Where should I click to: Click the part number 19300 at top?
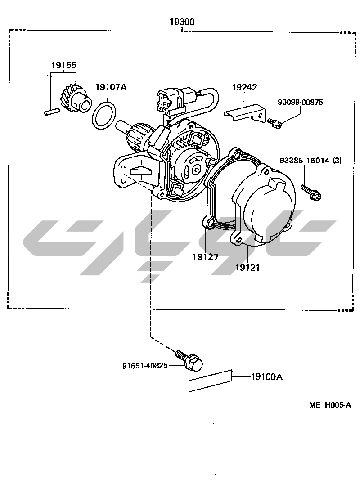tap(182, 22)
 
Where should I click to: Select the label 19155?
tap(63, 65)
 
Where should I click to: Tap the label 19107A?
tap(111, 87)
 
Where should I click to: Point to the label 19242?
tap(244, 87)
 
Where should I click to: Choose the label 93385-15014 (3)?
tap(310, 160)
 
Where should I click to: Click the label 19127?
tap(205, 257)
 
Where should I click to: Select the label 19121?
tap(247, 268)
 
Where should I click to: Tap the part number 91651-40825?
tap(145, 365)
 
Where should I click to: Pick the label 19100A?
tap(266, 377)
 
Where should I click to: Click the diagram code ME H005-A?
tap(330, 405)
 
